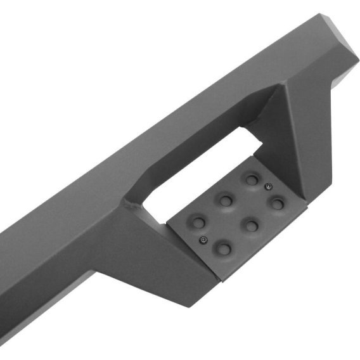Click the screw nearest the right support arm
click(268, 186)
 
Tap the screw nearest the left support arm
click(203, 240)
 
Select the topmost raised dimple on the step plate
click(252, 179)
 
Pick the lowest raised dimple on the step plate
click(223, 248)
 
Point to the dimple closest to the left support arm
click(198, 222)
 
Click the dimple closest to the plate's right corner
click(277, 203)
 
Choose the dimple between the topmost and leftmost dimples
click(225, 200)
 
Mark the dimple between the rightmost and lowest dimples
click(252, 225)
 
